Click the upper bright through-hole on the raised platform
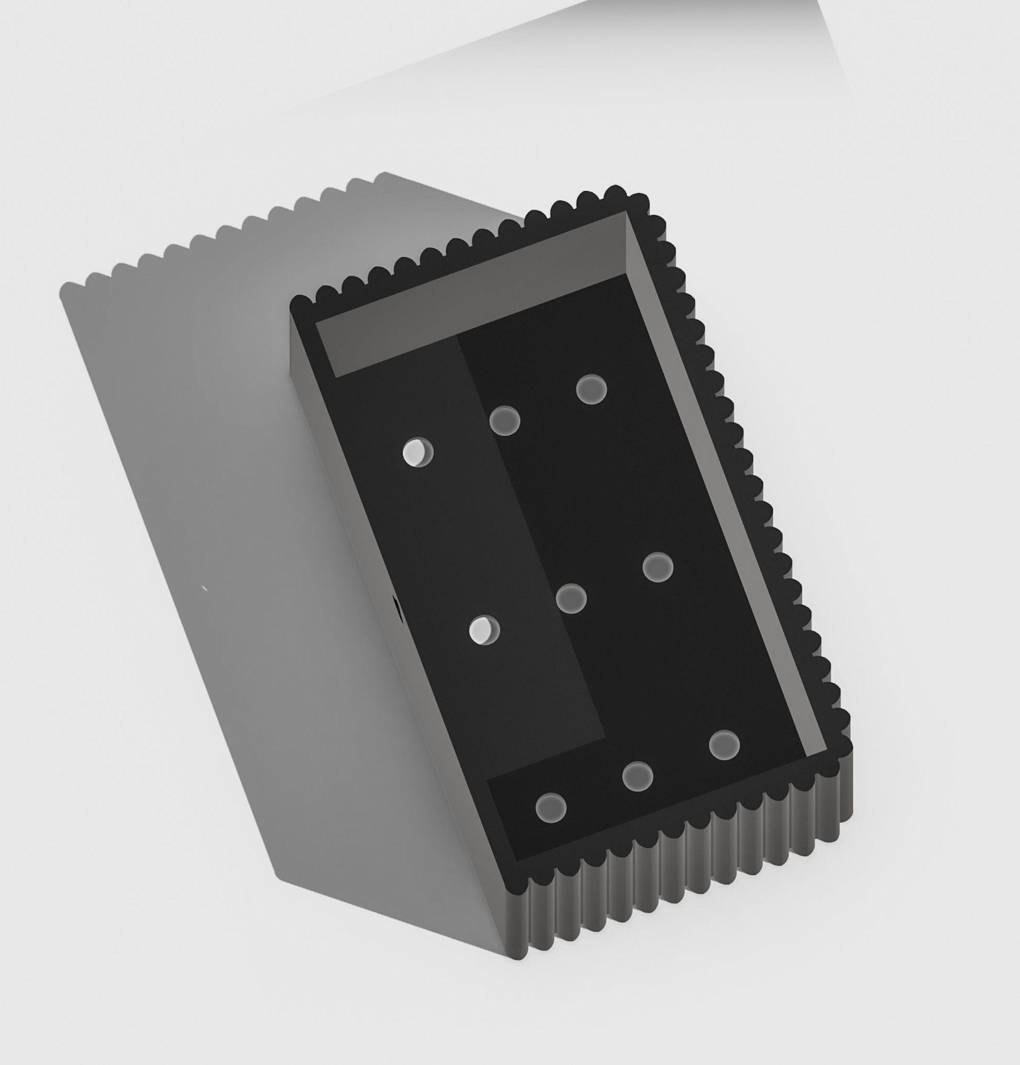[x=417, y=452]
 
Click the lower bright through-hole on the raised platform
[x=484, y=630]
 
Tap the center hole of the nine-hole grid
[x=571, y=598]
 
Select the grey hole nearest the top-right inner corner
[x=592, y=389]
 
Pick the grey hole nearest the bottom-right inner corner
[x=724, y=745]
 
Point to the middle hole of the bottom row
[x=638, y=776]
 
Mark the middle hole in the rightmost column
[x=658, y=567]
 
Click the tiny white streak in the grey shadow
[x=205, y=588]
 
